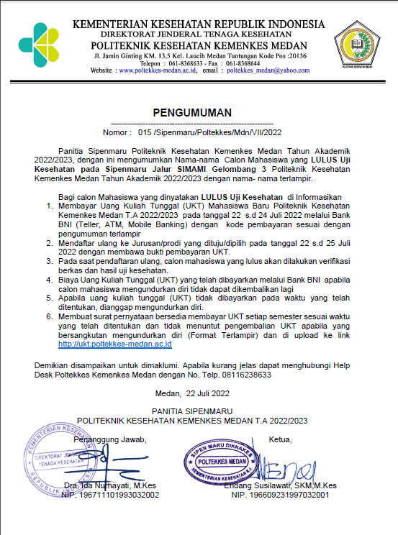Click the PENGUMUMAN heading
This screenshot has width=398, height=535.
pos(192,113)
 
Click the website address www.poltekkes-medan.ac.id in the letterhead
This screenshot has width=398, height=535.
pos(158,70)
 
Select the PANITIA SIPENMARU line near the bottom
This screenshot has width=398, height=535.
pos(192,411)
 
